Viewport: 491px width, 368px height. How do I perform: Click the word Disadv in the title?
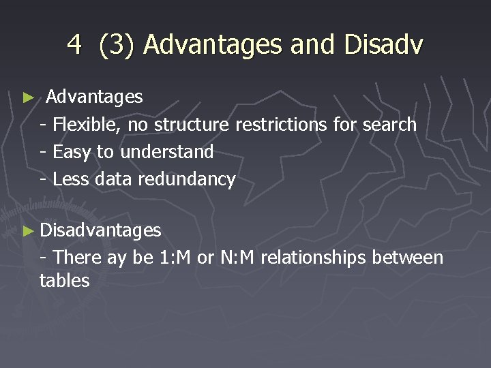pos(384,45)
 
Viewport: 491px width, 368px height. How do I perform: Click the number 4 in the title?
pos(74,45)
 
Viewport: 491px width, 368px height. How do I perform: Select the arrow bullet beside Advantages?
pos(28,98)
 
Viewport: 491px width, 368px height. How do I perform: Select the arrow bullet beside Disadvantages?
pos(28,232)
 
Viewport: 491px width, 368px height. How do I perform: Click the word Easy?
pos(72,152)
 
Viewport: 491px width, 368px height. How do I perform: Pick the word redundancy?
pos(186,179)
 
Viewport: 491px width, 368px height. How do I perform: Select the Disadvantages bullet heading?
pos(100,231)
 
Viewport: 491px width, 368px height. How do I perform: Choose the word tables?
pos(65,280)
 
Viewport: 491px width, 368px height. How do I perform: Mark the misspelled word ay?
pos(117,259)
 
